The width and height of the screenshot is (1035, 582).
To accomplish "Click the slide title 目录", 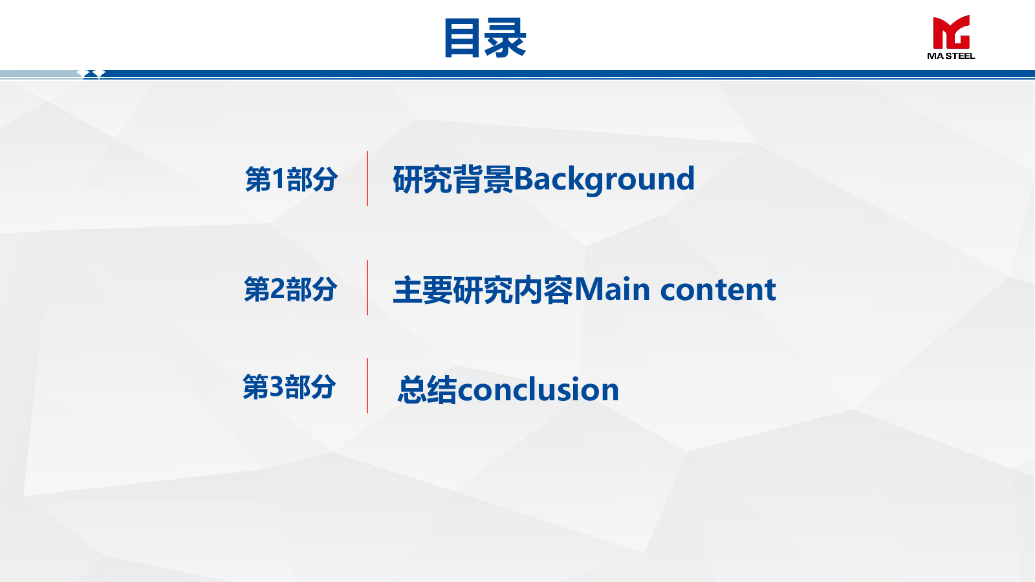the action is tap(485, 38).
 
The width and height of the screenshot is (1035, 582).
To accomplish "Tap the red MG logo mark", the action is tap(951, 32).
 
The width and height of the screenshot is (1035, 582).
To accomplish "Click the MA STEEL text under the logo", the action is tap(951, 56).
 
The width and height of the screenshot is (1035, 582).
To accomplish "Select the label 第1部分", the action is tap(291, 179).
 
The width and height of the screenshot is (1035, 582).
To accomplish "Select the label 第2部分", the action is tap(290, 289).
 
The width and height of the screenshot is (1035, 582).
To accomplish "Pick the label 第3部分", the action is tap(289, 387).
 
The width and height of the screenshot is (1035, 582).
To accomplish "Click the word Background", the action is tap(604, 179).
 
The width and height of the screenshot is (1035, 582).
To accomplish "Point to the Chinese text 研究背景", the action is tap(453, 179).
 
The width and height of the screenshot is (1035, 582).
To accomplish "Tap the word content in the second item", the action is tap(718, 290).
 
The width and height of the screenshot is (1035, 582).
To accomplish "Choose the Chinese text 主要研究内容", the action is tap(483, 290).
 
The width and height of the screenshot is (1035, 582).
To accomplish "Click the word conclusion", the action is tap(538, 389).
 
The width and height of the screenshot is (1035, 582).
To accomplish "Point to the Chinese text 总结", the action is tap(428, 389).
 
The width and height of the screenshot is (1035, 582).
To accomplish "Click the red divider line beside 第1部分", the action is tap(367, 178).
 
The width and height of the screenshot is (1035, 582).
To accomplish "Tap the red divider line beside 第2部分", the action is tap(367, 288).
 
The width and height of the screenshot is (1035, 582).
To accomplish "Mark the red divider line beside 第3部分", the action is tap(367, 385).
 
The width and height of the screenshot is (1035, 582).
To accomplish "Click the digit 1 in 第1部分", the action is tap(278, 178).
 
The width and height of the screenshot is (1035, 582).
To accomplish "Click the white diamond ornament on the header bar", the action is tap(91, 74).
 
